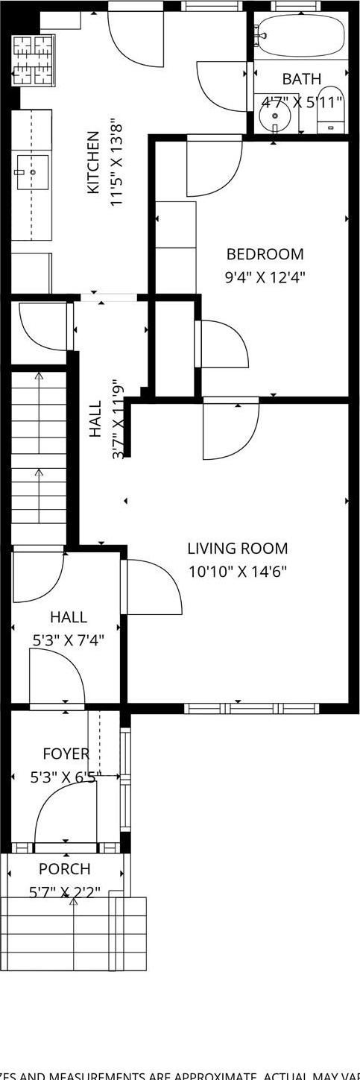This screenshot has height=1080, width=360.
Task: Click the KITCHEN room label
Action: pos(93,162)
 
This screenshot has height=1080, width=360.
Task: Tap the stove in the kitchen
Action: pos(31,61)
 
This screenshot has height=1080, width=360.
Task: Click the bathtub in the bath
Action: pos(301,36)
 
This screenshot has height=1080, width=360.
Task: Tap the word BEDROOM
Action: pos(265,254)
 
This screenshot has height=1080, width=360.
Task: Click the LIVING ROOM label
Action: pos(237,549)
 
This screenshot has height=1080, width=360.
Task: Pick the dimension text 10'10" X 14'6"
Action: pos(237,572)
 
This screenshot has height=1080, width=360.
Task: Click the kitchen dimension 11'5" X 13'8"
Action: pos(116,162)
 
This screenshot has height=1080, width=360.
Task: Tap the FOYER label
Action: pos(66,754)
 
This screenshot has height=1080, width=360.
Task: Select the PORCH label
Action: pos(64,869)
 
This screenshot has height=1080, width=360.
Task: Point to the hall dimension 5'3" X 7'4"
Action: pos(67,640)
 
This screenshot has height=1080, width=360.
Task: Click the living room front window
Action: pos(251,708)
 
